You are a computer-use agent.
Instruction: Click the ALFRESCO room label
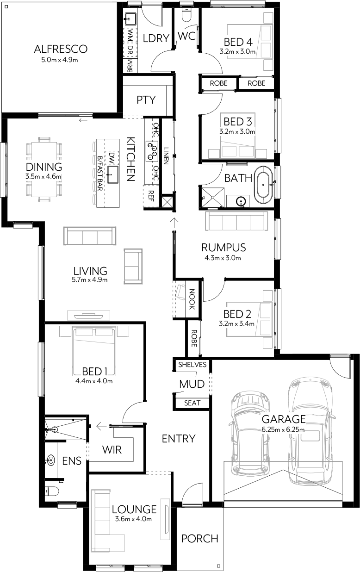61,49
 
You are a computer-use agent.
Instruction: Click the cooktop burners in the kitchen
152,151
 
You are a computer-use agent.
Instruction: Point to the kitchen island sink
113,174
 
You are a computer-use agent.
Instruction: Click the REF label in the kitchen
151,196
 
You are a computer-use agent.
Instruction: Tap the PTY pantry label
146,100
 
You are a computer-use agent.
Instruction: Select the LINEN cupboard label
166,156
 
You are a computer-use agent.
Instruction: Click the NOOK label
192,299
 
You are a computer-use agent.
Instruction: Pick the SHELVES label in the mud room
192,364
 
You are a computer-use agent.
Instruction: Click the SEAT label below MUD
192,403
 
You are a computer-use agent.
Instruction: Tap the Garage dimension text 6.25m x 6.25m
283,429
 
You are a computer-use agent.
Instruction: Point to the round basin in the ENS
50,460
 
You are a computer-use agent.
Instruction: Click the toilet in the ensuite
52,491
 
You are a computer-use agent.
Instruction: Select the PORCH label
199,539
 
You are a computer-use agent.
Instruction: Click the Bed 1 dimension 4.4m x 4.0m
94,381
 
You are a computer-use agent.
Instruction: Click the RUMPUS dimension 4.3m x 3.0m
223,258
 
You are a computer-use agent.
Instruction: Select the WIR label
112,450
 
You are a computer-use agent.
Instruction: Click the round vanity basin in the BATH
241,201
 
